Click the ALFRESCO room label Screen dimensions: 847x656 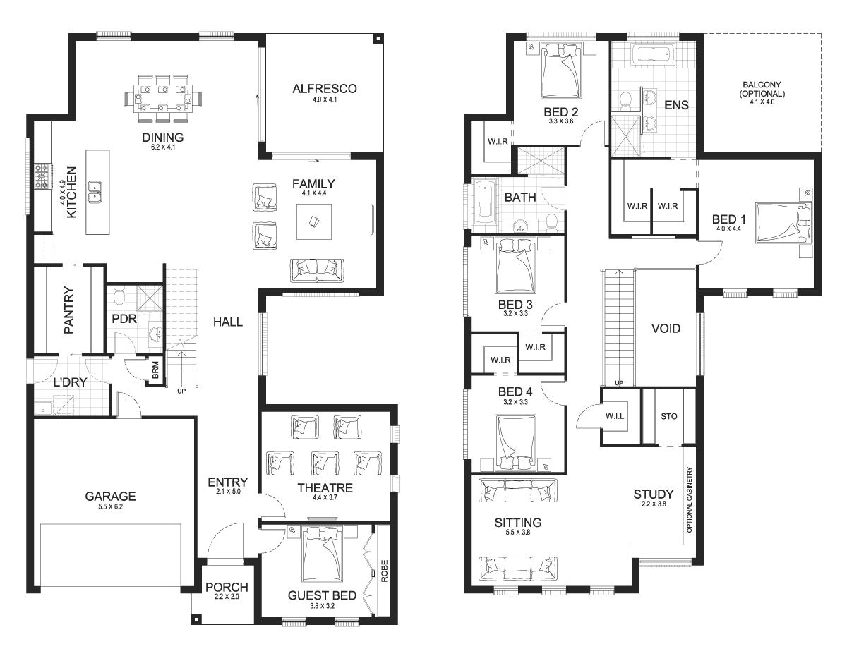coord(324,89)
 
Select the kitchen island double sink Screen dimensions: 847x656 coord(95,192)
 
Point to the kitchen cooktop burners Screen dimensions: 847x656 coord(42,176)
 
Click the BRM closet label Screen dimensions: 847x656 coord(155,370)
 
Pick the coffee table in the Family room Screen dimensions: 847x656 coord(314,221)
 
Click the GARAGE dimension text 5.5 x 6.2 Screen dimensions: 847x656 coord(110,506)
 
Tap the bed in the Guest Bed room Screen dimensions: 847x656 coord(322,554)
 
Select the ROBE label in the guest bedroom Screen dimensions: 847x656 coord(385,571)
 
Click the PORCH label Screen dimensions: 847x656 coord(227,587)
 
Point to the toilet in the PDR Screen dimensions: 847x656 coord(119,298)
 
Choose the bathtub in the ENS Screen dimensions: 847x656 coord(652,54)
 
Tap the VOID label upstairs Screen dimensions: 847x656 coord(666,329)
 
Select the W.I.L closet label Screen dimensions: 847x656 coord(615,416)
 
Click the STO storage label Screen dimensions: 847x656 coord(669,416)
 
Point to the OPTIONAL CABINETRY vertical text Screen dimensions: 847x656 coord(689,500)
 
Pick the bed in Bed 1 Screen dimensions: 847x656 coord(784,221)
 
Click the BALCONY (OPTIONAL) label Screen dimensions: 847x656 coord(762,89)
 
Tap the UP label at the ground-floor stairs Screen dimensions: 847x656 coord(181,391)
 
